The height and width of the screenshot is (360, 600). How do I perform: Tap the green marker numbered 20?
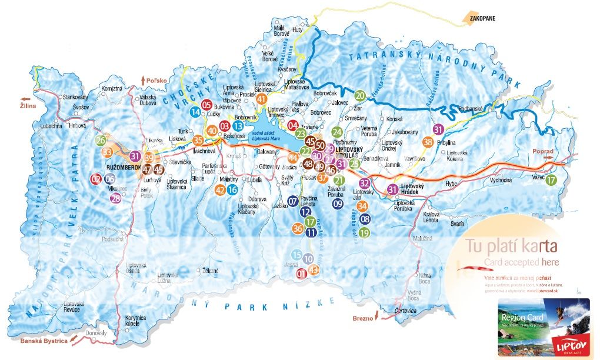click(x=360, y=95)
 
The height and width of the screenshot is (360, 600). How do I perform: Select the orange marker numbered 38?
click(x=428, y=142)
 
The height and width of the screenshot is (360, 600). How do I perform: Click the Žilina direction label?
click(x=28, y=106)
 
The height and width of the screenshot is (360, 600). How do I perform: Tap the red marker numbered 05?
click(x=206, y=104)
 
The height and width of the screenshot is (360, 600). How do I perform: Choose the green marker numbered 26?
click(x=101, y=140)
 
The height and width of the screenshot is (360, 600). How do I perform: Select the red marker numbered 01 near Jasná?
click(x=302, y=273)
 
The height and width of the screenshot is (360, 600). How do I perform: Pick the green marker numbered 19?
click(x=364, y=232)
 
